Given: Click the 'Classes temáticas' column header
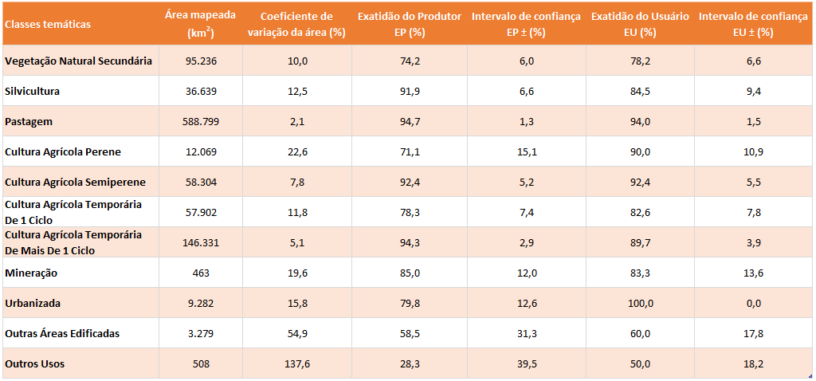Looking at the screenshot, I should (48, 24).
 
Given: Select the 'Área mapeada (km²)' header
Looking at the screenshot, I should (201, 24).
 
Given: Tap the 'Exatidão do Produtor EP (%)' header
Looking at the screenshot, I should (409, 24).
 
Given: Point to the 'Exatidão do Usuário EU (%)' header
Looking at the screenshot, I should (640, 24).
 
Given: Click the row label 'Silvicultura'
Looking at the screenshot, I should (32, 91).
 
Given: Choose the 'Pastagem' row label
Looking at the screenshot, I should (29, 121).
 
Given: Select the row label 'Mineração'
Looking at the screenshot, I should (31, 273).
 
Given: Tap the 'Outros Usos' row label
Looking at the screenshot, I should (34, 363).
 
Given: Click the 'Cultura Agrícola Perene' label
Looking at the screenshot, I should (63, 151).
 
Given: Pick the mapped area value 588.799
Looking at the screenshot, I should (201, 121).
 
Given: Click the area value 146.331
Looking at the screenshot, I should (201, 242).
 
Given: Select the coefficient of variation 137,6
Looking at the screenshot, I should (296, 363).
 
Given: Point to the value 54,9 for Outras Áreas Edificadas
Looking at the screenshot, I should (296, 333).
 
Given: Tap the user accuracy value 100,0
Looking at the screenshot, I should (640, 303).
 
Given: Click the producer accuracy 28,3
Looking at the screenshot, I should (409, 363).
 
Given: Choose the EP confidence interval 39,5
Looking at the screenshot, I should (525, 363).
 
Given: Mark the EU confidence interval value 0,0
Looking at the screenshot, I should (754, 303).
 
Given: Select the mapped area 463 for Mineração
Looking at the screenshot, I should (201, 273).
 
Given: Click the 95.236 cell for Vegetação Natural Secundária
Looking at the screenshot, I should (201, 61).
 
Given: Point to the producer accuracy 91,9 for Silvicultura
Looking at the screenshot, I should (409, 91).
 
